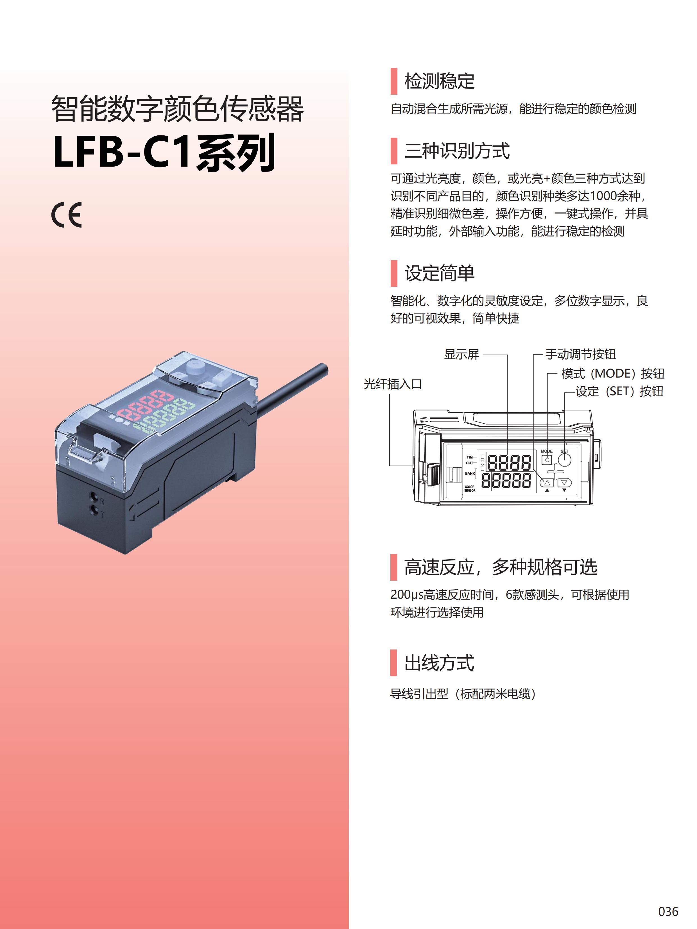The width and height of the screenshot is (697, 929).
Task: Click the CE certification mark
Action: point(66,215)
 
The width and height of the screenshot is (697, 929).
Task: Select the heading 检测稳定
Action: point(439,81)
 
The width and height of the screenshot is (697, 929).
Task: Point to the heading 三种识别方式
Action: point(457,151)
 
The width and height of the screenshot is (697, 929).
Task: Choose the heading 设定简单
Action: point(439,273)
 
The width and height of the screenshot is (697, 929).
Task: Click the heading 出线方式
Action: point(439,663)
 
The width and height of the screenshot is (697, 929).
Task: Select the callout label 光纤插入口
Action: point(392,384)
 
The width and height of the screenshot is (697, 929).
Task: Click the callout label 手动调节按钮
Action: point(581,354)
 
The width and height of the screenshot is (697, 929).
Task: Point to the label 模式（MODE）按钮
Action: point(613,373)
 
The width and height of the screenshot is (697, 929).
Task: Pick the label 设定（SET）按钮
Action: point(619,391)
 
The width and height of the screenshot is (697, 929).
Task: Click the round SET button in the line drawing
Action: point(564,460)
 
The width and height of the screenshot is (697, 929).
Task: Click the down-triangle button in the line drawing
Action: point(565,483)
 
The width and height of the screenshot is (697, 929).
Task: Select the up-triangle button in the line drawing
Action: point(547,483)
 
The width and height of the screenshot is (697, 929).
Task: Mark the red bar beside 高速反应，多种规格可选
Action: point(394,567)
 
